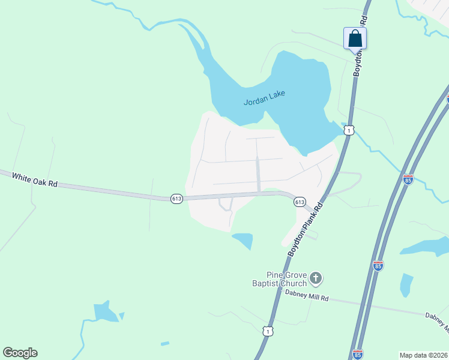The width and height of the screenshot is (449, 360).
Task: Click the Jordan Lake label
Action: (x=264, y=98)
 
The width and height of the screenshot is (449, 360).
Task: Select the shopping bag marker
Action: (x=355, y=38)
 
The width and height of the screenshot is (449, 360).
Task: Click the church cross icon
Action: (x=316, y=279)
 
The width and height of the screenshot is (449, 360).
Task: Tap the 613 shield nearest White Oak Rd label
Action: (x=176, y=199)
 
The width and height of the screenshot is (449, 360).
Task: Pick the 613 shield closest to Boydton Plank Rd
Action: (x=300, y=202)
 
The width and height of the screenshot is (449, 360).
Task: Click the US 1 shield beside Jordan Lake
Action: (x=348, y=130)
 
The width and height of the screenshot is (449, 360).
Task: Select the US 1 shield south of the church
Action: (x=268, y=331)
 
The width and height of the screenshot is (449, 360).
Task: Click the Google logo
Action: (x=20, y=353)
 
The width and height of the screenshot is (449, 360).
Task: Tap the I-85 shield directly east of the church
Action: (x=378, y=265)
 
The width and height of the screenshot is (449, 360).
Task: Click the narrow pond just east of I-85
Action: (x=406, y=284)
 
